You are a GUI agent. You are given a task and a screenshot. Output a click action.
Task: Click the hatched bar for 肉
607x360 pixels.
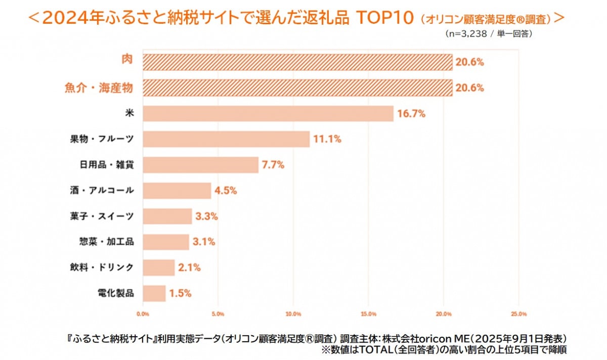pos(297,62)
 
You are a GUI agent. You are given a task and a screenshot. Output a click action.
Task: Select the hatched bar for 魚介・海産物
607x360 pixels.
pos(297,88)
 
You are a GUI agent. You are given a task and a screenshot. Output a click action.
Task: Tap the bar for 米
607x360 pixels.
pos(268,114)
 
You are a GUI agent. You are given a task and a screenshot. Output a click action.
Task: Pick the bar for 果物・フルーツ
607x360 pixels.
pos(226,139)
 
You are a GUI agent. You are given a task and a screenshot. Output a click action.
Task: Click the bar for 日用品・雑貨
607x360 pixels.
pos(201,165)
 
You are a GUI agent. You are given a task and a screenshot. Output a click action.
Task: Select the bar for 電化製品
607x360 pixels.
pos(154,293)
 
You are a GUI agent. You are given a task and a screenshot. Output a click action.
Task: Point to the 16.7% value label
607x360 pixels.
pos(411,114)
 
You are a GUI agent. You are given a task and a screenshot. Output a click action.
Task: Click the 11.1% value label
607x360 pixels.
pos(327,139)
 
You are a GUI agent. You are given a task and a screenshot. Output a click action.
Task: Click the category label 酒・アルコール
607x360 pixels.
pos(102,191)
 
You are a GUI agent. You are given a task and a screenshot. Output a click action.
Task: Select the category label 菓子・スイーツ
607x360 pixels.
pos(102,216)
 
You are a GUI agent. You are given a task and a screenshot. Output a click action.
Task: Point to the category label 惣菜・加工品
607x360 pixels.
pos(102,242)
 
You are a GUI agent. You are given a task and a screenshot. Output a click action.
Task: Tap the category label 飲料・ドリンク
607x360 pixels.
pos(102,267)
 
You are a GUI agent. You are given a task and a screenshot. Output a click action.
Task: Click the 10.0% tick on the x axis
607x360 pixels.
pos(293,314)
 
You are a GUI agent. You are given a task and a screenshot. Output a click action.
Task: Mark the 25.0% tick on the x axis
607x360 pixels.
pos(519,314)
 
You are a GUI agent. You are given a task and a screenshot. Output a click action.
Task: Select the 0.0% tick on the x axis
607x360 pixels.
pos(143,314)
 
